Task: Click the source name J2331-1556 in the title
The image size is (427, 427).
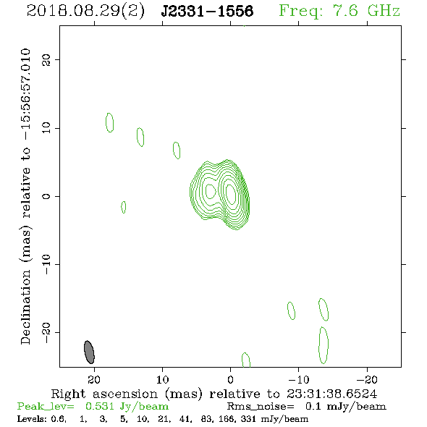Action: point(207,11)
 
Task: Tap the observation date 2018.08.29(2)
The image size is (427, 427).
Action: point(85,11)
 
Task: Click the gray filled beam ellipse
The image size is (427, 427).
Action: point(89,352)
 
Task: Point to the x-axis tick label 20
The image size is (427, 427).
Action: point(94,379)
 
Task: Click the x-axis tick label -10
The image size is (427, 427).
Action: point(299,379)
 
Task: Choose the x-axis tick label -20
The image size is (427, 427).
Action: point(367,379)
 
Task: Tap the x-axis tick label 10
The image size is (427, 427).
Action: point(163,379)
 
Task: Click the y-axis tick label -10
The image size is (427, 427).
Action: point(46,264)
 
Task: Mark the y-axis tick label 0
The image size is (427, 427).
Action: point(46,196)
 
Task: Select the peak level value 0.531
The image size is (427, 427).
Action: point(99,406)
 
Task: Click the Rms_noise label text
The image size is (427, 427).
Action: point(261,407)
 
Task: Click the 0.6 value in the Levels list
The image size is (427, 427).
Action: point(58,419)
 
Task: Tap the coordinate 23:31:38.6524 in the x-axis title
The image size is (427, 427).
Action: point(331,394)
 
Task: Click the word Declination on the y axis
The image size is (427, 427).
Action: point(25,307)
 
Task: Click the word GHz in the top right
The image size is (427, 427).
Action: point(384,11)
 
